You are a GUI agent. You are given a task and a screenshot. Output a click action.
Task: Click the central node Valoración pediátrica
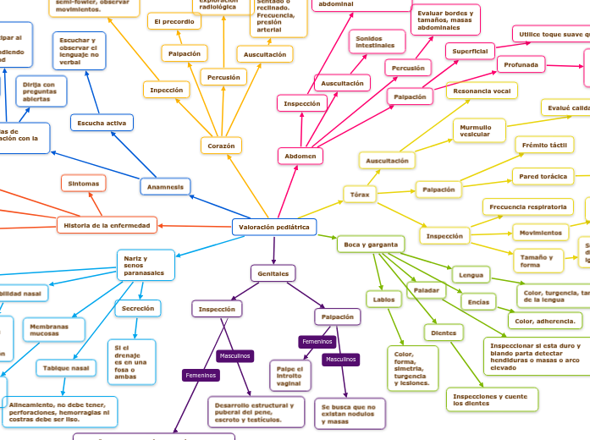(274, 227)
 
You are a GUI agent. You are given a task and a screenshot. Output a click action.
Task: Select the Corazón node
(222, 146)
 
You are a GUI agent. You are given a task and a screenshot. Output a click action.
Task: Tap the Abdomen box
(301, 156)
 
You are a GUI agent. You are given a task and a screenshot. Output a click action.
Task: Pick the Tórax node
(360, 195)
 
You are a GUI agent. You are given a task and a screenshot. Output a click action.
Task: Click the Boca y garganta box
(371, 244)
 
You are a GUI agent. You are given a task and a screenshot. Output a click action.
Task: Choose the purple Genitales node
(273, 273)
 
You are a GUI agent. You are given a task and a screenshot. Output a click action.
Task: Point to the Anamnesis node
(165, 186)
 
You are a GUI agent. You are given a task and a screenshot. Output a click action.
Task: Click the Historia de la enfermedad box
(108, 225)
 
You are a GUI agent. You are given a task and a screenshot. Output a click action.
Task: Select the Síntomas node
(83, 183)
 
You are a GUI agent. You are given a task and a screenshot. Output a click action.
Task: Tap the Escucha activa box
(102, 124)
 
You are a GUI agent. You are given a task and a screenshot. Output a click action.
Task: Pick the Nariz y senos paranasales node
(145, 264)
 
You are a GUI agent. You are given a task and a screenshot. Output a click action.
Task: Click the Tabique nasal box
(66, 368)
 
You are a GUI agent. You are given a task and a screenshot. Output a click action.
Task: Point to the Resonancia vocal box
(482, 91)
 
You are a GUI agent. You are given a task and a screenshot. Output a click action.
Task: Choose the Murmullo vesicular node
(478, 129)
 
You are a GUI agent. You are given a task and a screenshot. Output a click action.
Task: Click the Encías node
(478, 301)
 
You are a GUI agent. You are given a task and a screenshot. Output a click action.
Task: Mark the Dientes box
(444, 333)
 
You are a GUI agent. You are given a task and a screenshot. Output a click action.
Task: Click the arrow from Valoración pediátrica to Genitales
(273, 250)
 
